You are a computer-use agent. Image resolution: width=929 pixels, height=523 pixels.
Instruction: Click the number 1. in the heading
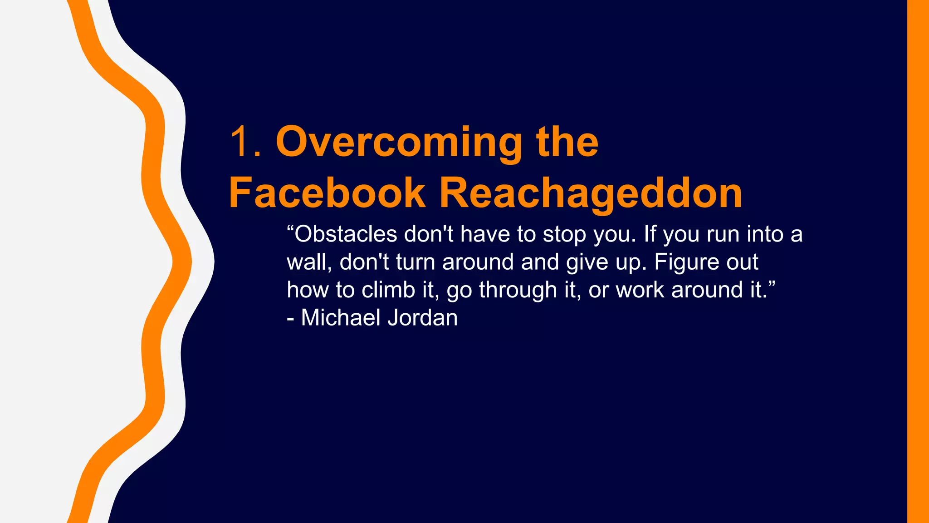coord(245,142)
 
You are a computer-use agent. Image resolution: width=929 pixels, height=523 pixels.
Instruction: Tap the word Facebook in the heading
coord(327,193)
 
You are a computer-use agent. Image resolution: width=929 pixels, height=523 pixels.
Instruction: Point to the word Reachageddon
coord(591,194)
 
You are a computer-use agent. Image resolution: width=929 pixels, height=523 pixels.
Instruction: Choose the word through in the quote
coord(518,291)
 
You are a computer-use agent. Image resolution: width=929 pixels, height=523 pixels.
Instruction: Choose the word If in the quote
coord(650,234)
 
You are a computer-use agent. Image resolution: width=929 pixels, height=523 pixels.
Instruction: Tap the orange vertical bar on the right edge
coord(918,261)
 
